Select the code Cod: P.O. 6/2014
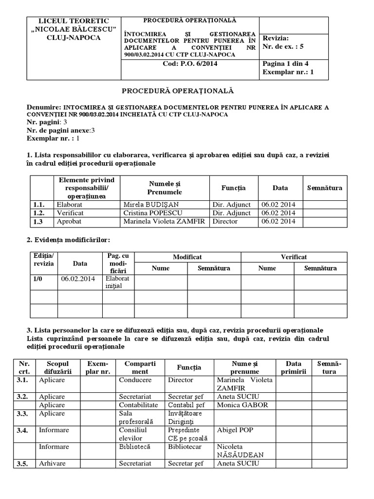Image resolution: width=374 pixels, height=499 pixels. (x=189, y=63)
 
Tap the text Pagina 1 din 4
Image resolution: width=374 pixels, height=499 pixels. (x=285, y=63)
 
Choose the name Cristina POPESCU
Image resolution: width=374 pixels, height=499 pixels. (x=148, y=213)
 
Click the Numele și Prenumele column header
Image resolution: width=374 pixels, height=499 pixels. (x=165, y=188)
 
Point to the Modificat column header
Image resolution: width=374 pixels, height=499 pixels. (x=187, y=257)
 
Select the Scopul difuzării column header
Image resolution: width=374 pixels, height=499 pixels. (x=58, y=367)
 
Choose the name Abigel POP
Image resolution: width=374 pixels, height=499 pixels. (x=235, y=430)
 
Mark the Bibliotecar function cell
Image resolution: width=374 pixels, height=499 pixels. (x=185, y=446)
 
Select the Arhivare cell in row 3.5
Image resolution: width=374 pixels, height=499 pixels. (x=52, y=463)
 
